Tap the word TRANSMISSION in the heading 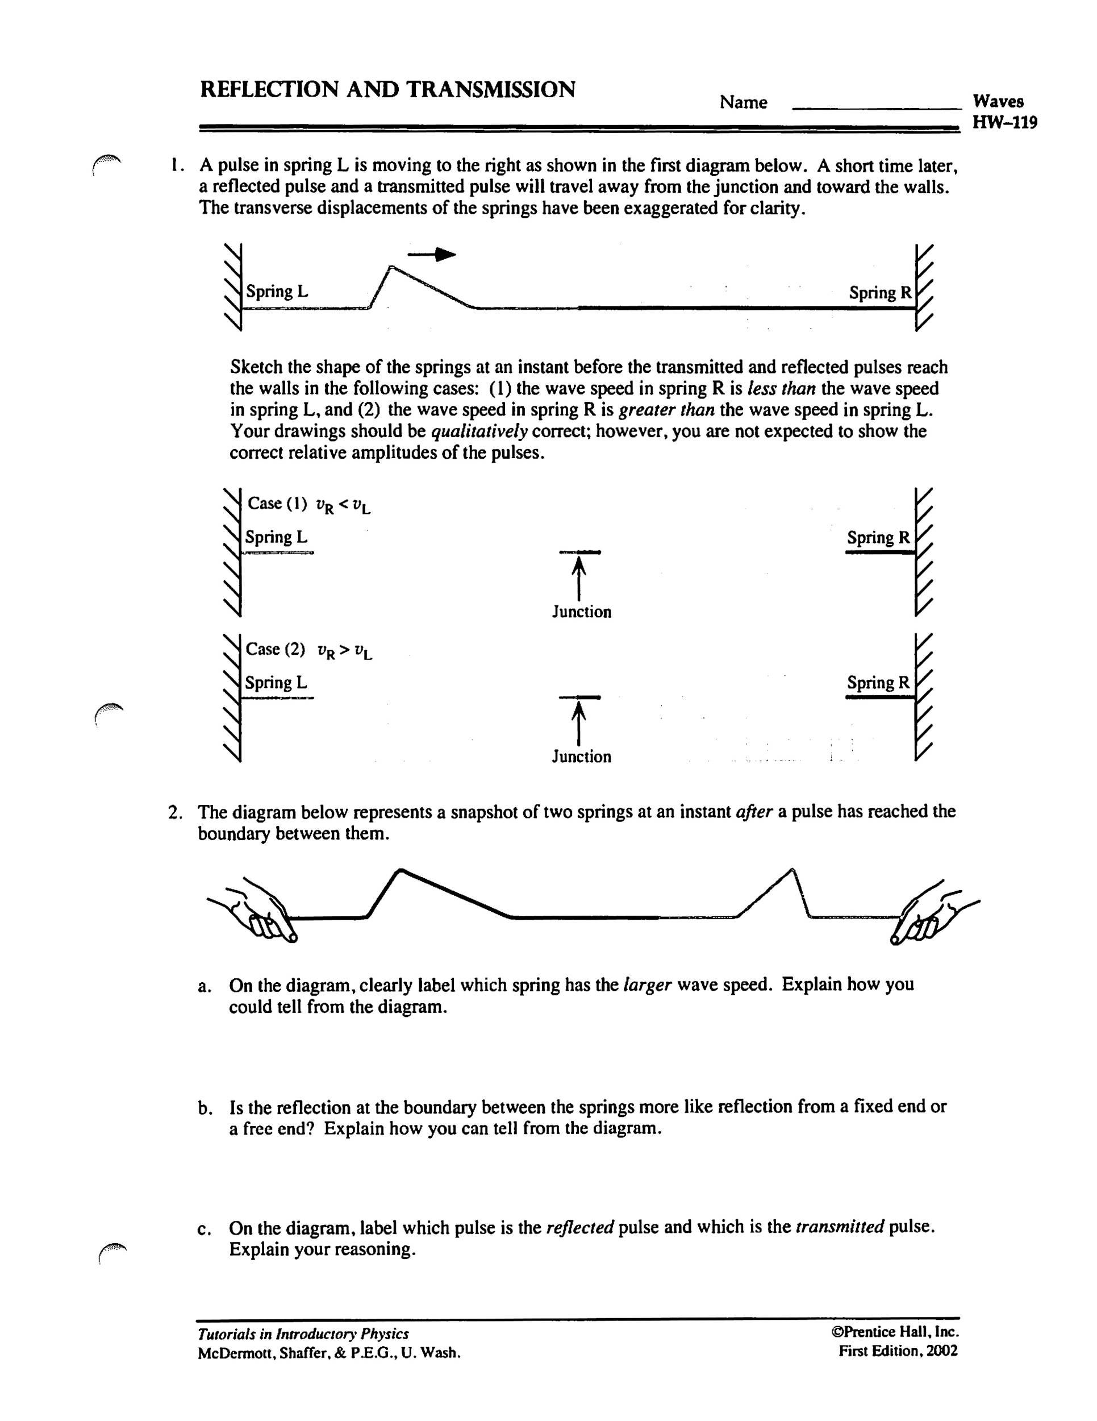click(491, 90)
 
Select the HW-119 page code click(1004, 122)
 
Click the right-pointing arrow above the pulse click(432, 254)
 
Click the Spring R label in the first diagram click(880, 293)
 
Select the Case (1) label click(277, 504)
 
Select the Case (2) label click(276, 649)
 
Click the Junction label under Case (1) click(581, 612)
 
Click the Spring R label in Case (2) click(878, 683)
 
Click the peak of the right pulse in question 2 click(791, 870)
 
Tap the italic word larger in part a click(646, 985)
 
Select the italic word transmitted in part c click(839, 1227)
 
